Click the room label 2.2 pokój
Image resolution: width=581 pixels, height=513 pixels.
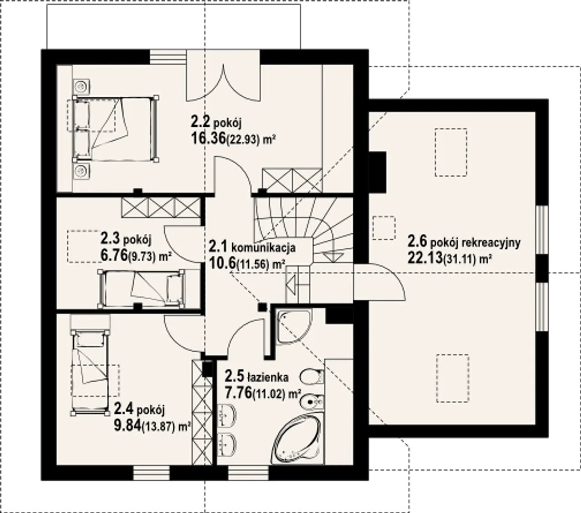pyautogui.click(x=216, y=123)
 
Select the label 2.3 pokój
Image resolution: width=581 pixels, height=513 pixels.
pyautogui.click(x=126, y=239)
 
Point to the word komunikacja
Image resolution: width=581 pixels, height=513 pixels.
pyautogui.click(x=263, y=247)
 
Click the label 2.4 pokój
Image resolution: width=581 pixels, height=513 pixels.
pyautogui.click(x=139, y=409)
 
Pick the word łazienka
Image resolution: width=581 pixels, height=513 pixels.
pyautogui.click(x=268, y=378)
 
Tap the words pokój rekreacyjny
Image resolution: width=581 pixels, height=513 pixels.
pyautogui.click(x=475, y=243)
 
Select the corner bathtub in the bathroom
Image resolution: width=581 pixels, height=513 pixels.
pyautogui.click(x=298, y=439)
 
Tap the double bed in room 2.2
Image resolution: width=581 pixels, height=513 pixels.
pyautogui.click(x=116, y=129)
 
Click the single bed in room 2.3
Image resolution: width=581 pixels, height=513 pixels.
pyautogui.click(x=141, y=289)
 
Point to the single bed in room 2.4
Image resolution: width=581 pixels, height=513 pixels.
pyautogui.click(x=90, y=372)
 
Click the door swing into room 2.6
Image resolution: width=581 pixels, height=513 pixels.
pyautogui.click(x=379, y=282)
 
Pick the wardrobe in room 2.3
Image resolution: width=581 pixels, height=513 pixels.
pyautogui.click(x=161, y=207)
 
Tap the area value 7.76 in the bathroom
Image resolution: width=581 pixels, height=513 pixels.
pyautogui.click(x=238, y=393)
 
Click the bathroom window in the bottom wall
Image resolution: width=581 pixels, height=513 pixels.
pyautogui.click(x=249, y=473)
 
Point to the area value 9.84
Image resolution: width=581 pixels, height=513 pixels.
pyautogui.click(x=128, y=425)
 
